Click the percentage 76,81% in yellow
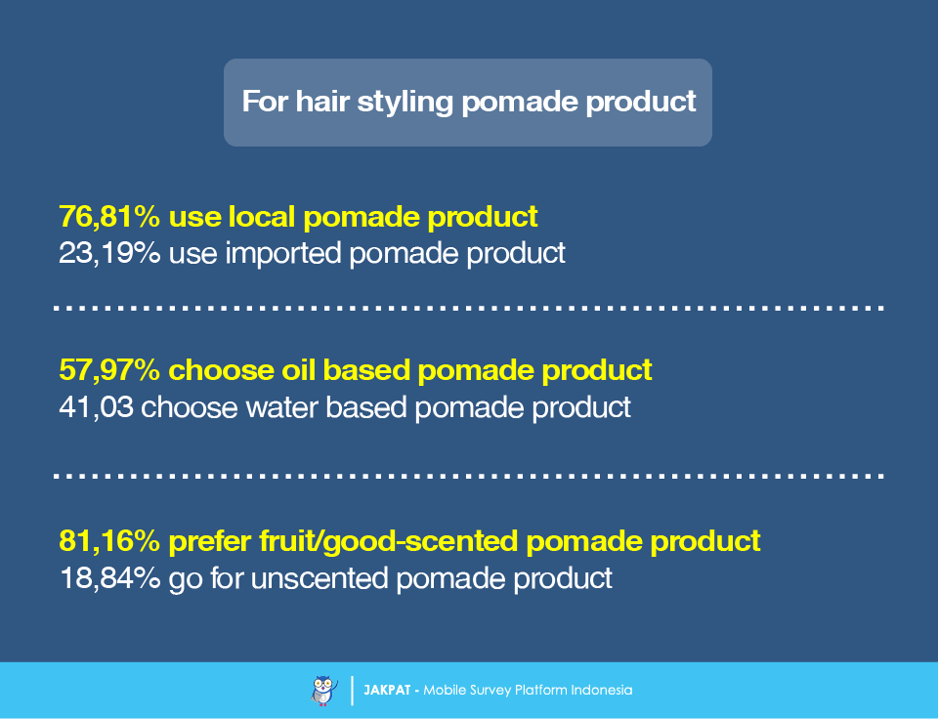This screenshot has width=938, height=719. [x=109, y=217]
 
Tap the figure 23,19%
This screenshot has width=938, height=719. [x=109, y=253]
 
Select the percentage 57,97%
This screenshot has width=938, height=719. [x=109, y=370]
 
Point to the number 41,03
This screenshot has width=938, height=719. [x=96, y=407]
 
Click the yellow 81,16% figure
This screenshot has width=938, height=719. [x=109, y=541]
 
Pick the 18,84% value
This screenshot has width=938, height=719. [x=110, y=578]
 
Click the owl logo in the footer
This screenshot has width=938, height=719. [x=324, y=691]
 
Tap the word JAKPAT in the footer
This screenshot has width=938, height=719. [x=387, y=691]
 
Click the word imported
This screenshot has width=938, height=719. [x=283, y=254]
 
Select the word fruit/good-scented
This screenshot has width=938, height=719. [x=388, y=542]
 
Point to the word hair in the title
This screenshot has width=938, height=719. [x=322, y=101]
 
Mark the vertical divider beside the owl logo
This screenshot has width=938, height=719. [x=352, y=691]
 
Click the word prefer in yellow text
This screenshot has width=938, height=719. [x=209, y=542]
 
